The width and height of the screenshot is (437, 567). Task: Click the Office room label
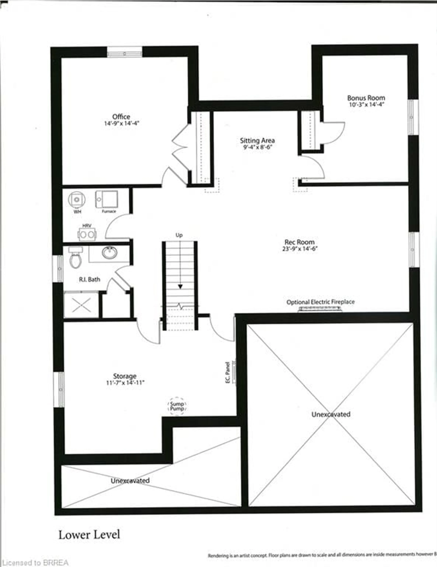click(121, 117)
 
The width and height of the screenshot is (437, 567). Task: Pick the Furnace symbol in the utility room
click(107, 199)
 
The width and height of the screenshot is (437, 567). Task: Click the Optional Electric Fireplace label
click(320, 302)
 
